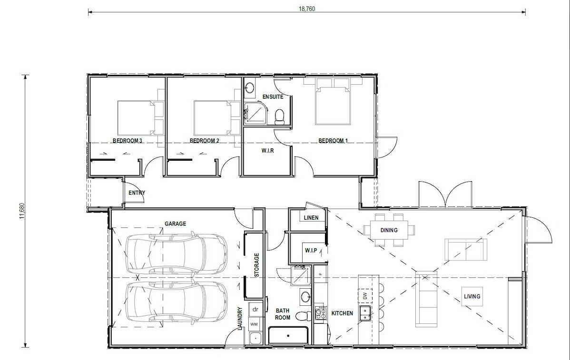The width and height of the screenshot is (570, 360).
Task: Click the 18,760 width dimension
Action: [307, 9]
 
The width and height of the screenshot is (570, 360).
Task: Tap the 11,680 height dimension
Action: [22, 211]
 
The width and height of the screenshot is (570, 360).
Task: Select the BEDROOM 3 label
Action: [127, 141]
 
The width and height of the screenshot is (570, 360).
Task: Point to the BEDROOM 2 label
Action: [204, 141]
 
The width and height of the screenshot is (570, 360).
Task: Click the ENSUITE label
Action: [273, 97]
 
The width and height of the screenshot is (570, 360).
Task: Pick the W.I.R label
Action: [267, 150]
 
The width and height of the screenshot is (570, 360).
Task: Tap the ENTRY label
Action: [137, 193]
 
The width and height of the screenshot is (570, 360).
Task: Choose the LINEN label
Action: [311, 218]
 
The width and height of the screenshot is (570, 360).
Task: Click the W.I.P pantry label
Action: [311, 251]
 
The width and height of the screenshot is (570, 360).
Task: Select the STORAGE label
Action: [256, 265]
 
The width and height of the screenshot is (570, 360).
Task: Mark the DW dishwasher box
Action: [365, 296]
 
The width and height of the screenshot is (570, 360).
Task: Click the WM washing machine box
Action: [255, 324]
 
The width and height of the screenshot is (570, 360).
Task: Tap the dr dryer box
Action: [256, 310]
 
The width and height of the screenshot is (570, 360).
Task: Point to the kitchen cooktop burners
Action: [320, 313]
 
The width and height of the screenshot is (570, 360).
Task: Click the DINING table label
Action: [389, 230]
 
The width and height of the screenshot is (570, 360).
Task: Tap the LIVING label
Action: [472, 296]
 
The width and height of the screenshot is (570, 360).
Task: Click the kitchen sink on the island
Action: [365, 313]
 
